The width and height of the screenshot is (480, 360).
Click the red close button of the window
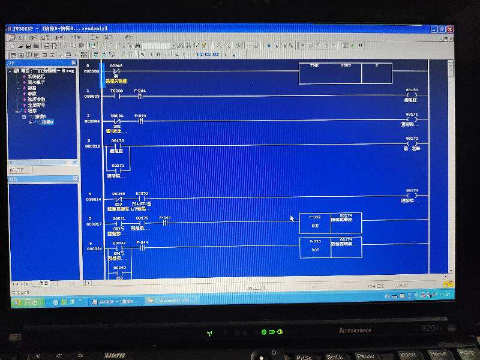pos(449,29)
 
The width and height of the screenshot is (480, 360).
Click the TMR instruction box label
pos(314,65)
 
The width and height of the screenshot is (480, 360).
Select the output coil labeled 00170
pos(412,95)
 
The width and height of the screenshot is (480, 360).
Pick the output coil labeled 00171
pos(412,119)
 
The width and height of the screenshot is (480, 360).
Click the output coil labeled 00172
pos(412,144)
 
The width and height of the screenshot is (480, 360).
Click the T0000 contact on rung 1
pos(118,95)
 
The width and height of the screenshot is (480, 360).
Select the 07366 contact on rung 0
pos(118,71)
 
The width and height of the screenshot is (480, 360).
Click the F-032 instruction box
pos(315,223)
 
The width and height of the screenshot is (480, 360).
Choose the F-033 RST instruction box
pos(315,247)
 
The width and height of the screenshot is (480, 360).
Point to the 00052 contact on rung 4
pos(142,199)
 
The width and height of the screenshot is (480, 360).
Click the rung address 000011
pos(92,146)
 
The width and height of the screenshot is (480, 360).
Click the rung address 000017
pos(94,224)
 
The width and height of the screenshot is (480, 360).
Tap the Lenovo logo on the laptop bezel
pos(355,330)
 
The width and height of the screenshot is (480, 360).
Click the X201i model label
pos(431,328)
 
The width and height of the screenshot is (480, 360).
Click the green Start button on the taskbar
pos(25,302)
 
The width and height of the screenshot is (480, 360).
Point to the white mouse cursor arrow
pos(292,218)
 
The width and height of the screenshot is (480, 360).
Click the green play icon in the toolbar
pos(352,46)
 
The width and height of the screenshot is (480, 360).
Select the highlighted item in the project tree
pos(47,122)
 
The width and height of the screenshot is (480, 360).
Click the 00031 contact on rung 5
pos(118,223)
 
